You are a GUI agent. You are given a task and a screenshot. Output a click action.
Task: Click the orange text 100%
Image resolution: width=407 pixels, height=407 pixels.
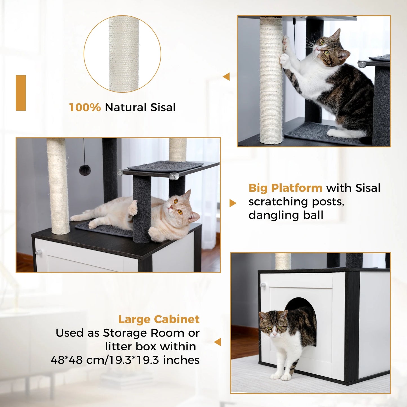(x=85, y=107)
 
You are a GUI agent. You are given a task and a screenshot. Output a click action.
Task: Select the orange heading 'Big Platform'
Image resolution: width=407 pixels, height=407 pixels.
(x=285, y=188)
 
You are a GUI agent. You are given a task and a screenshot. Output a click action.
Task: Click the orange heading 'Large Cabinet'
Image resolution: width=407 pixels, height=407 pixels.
(x=159, y=319)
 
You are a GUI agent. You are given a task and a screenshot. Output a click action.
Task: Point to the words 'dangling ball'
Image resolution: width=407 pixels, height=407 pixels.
(x=286, y=215)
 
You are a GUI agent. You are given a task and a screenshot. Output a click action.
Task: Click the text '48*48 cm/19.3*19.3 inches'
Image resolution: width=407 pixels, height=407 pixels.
(x=125, y=360)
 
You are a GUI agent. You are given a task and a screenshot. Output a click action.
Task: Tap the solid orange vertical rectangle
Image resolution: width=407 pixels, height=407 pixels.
(x=21, y=93)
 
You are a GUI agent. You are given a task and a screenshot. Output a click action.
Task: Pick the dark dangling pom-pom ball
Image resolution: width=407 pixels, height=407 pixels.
(x=85, y=170)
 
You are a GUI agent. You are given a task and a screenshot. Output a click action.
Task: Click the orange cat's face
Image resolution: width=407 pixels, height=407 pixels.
(x=177, y=207)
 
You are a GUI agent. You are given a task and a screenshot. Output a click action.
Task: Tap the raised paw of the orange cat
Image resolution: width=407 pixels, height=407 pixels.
(x=133, y=208)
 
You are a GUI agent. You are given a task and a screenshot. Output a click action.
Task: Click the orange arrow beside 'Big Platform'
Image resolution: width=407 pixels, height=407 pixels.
(x=233, y=203)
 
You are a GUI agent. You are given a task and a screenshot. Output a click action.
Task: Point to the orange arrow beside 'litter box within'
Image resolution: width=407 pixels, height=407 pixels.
(x=218, y=342)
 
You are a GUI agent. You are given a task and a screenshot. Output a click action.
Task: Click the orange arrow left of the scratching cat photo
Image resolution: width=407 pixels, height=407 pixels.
(x=226, y=77)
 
